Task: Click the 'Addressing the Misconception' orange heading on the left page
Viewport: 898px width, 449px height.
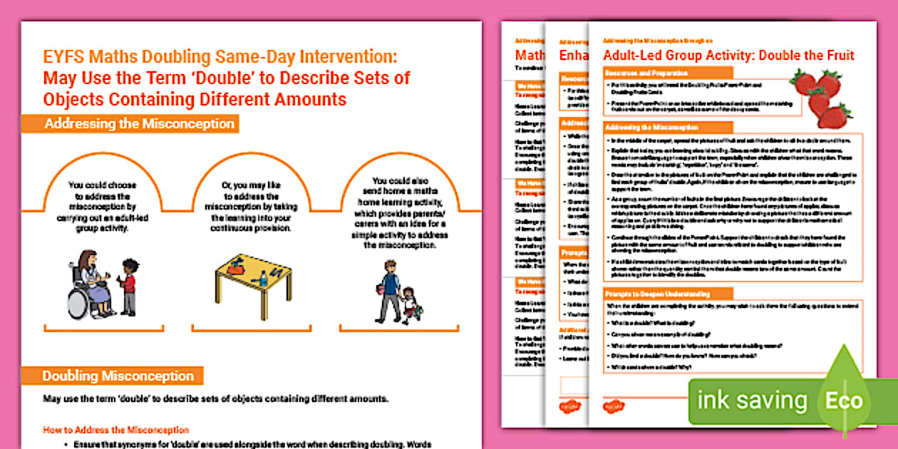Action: [139, 124]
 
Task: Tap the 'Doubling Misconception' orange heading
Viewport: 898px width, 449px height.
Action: [118, 376]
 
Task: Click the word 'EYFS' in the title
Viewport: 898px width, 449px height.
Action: [64, 56]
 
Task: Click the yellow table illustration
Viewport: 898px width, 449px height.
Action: [253, 281]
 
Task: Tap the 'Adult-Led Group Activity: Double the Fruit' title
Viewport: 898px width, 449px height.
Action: [728, 56]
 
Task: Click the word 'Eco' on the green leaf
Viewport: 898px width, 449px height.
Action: [843, 401]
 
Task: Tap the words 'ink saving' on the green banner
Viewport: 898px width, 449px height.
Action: [752, 401]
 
